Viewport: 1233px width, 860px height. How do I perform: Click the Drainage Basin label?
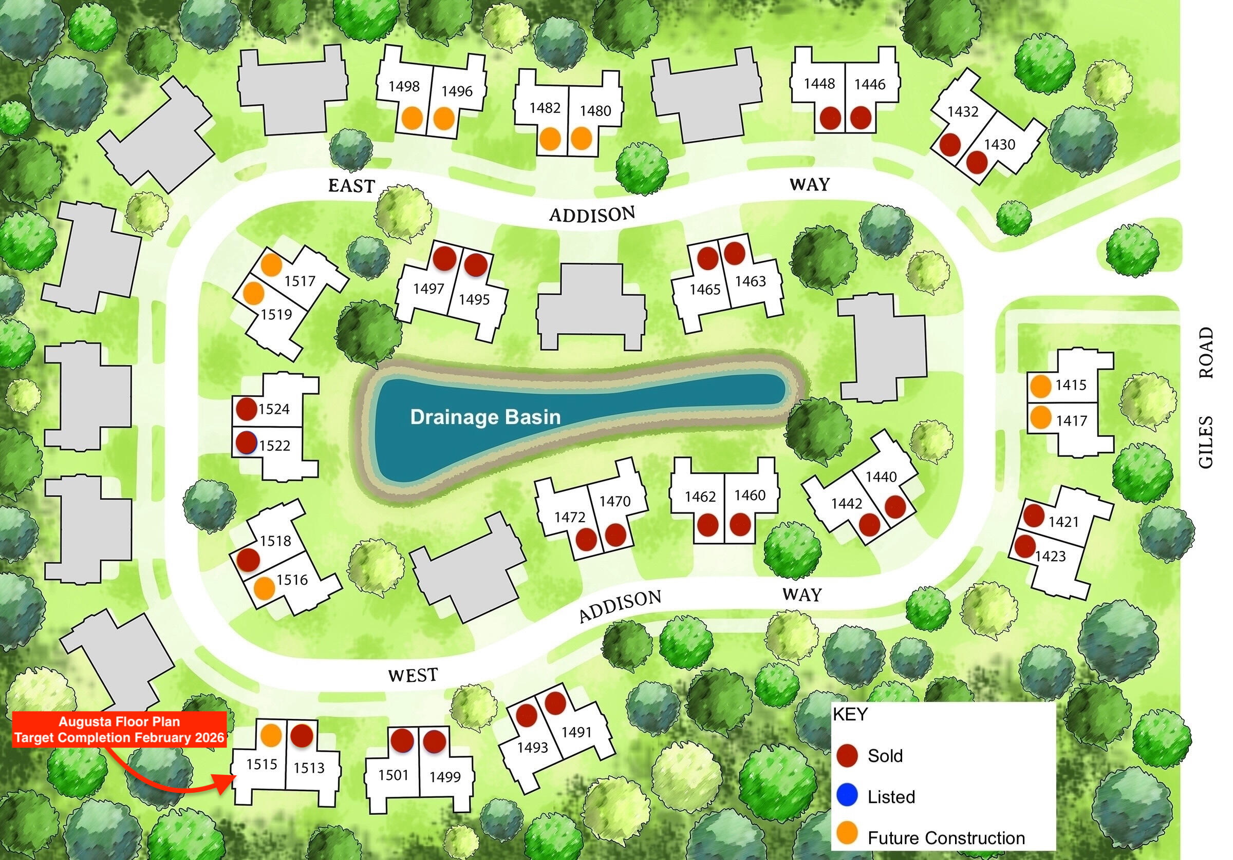485,417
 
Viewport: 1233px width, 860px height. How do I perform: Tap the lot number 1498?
404,86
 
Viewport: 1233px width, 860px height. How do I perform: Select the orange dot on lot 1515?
271,735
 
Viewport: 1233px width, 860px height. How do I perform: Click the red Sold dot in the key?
847,755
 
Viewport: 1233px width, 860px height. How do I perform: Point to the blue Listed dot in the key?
847,796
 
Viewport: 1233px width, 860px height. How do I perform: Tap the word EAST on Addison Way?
351,186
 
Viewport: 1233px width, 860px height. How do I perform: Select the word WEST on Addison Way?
413,675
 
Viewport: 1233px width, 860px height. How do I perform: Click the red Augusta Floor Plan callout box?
119,730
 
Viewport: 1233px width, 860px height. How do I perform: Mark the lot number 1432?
963,111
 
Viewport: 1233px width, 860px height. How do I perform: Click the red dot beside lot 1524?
247,409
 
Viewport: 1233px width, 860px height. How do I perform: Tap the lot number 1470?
615,502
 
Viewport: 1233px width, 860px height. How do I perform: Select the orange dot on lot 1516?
264,588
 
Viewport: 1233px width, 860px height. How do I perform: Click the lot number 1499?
445,777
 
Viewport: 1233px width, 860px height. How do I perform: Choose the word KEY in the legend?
850,714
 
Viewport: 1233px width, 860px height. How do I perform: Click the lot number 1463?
750,281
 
